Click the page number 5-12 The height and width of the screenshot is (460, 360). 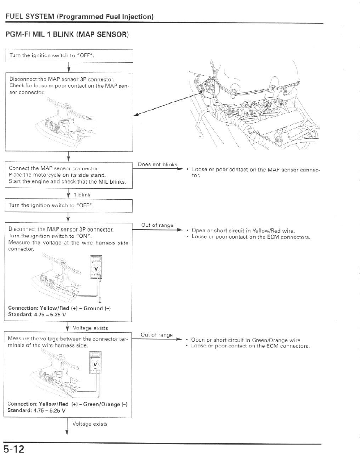[14, 449]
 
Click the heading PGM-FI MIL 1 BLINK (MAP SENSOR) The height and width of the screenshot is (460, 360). [67, 35]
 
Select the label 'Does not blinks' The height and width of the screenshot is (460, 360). [157, 165]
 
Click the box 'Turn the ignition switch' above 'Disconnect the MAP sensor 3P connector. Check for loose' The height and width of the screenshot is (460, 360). [69, 55]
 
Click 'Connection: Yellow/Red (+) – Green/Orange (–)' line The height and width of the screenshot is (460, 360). [68, 404]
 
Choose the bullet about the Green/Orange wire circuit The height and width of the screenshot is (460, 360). [246, 340]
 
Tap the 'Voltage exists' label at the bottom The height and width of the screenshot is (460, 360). [90, 424]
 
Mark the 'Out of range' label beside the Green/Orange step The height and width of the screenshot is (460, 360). [156, 335]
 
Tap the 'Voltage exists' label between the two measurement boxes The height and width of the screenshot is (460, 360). [90, 327]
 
